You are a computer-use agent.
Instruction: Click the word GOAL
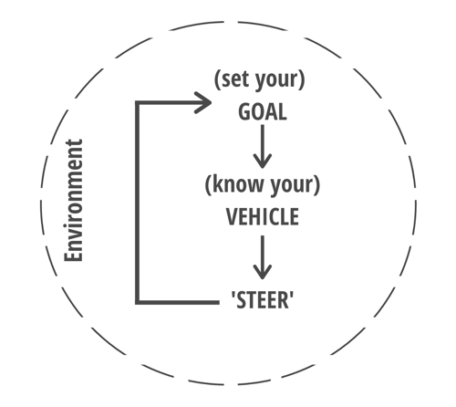coord(263,112)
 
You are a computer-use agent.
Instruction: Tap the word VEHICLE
coord(263,216)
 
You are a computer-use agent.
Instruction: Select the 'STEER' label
coord(263,300)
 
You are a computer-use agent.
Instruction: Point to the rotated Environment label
coord(73,200)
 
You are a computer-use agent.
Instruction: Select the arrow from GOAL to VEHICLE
coord(263,147)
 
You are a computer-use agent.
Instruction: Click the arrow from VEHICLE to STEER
coord(263,257)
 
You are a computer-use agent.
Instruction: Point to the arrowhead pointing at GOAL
coord(203,102)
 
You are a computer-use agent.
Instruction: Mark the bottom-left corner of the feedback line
coord(138,302)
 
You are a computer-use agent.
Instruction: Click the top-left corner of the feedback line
coord(138,103)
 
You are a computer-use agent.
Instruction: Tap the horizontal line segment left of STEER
coord(177,302)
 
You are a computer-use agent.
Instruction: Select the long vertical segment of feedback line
coord(138,203)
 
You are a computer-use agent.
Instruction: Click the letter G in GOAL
coord(244,112)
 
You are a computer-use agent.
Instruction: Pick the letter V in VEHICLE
coord(232,216)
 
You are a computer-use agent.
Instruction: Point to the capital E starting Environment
coord(73,256)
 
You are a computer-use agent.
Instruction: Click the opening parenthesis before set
coord(217,79)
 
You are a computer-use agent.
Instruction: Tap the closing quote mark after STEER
coord(292,295)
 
